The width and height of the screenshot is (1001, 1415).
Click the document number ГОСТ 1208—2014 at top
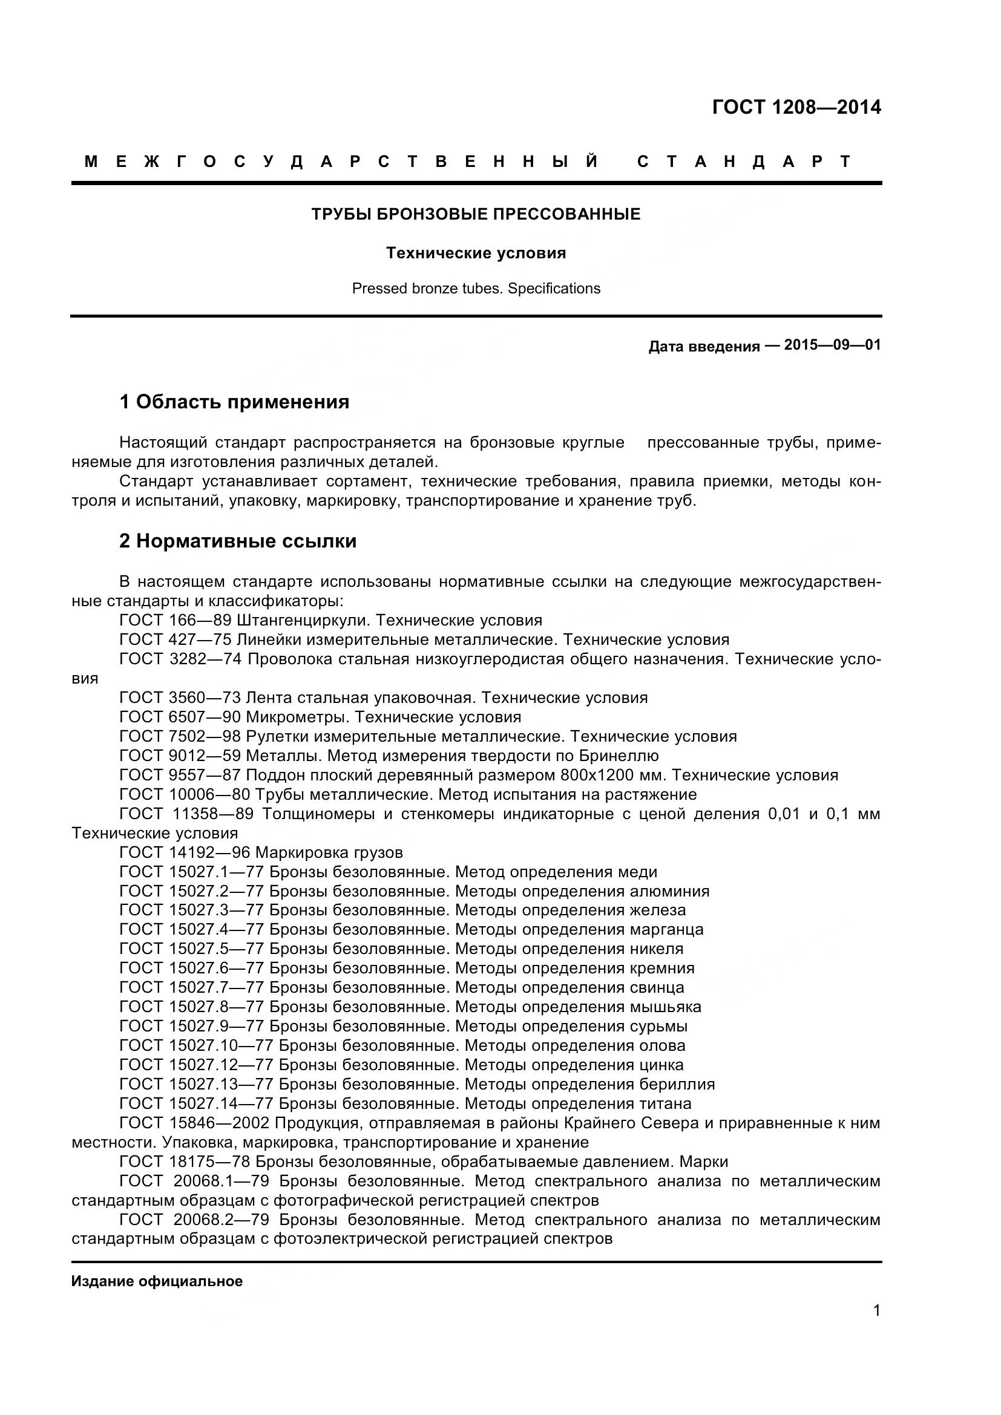[796, 108]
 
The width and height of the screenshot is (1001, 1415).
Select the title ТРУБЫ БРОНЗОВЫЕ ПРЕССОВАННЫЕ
[475, 215]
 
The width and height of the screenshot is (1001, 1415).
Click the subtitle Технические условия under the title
[475, 253]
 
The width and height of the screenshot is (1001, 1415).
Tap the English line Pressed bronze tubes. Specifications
[475, 289]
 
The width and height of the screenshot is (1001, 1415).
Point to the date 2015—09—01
[832, 344]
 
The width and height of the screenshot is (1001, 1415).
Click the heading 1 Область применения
[234, 402]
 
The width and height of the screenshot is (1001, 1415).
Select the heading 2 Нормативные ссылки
[238, 541]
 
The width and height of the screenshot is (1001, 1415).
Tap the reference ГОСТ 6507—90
[179, 717]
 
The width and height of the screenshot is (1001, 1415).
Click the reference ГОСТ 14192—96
[185, 853]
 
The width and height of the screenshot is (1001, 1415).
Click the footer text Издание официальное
[157, 1282]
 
